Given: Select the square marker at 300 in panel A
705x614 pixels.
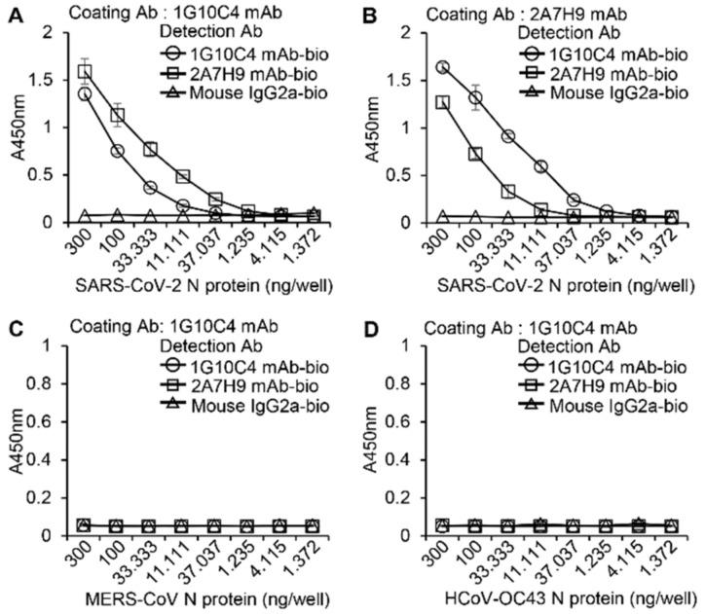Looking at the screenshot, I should pyautogui.click(x=85, y=71).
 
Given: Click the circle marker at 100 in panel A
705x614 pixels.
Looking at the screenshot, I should pyautogui.click(x=117, y=151).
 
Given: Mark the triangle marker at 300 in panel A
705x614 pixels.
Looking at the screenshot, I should pyautogui.click(x=85, y=216).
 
